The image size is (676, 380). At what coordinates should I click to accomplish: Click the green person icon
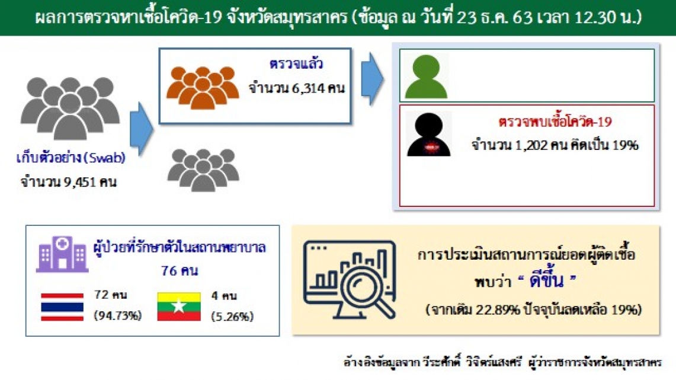coord(426,76)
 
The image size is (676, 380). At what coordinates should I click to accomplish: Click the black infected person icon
coord(428,134)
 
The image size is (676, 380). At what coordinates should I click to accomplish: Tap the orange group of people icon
coord(203,88)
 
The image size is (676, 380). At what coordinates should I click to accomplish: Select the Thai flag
coord(62,306)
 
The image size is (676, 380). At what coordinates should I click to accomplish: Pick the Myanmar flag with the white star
coord(179,306)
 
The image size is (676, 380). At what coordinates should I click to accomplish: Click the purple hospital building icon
coord(62,254)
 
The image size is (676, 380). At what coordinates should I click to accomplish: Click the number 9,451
coord(80,182)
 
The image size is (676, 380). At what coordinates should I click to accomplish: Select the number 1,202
coord(531,145)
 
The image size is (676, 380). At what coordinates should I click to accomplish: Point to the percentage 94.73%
coord(118,316)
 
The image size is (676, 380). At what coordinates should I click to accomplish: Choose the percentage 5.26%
coord(232,317)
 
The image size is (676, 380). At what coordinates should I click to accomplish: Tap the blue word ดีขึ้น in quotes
coord(546,281)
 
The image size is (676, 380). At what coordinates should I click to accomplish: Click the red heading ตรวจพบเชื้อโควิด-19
coord(555,122)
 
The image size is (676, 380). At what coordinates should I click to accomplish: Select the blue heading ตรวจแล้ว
coord(296,64)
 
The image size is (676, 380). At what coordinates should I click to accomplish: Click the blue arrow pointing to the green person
coord(372,79)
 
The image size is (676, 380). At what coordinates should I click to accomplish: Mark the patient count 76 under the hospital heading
coord(169,271)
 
